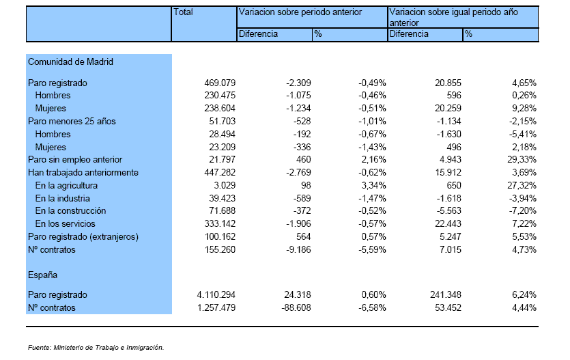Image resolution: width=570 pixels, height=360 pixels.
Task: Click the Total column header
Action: pyautogui.click(x=183, y=12)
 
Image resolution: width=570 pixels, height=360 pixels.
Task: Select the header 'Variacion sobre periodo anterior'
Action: pyautogui.click(x=300, y=12)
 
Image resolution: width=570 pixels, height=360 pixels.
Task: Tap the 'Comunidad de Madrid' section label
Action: pyautogui.click(x=70, y=61)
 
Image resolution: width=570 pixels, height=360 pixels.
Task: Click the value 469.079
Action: pyautogui.click(x=220, y=83)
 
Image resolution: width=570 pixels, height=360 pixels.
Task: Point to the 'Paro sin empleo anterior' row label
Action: pyautogui.click(x=75, y=160)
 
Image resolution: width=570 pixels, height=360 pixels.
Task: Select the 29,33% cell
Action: pyautogui.click(x=522, y=160)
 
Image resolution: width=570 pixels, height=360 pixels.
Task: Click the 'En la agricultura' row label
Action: pyautogui.click(x=66, y=185)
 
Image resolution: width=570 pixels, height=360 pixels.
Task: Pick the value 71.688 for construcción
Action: pyautogui.click(x=222, y=211)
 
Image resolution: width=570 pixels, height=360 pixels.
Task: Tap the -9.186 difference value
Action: pyautogui.click(x=298, y=250)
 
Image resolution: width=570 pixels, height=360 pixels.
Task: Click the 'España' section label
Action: pyautogui.click(x=42, y=275)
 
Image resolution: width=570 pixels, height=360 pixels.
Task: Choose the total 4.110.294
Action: pyautogui.click(x=216, y=295)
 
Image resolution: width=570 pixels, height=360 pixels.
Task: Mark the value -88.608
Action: pyautogui.click(x=296, y=308)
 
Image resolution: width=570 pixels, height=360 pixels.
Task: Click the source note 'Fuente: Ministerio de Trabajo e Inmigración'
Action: pyautogui.click(x=96, y=348)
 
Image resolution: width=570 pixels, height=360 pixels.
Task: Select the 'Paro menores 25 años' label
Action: pyautogui.click(x=72, y=122)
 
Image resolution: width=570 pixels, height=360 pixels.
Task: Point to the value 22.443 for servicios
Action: pyautogui.click(x=448, y=223)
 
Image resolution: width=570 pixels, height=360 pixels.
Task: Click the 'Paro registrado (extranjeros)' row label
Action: pyautogui.click(x=83, y=237)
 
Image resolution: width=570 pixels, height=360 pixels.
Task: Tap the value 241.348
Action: pyautogui.click(x=446, y=295)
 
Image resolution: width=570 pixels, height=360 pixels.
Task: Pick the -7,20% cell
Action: pyautogui.click(x=523, y=211)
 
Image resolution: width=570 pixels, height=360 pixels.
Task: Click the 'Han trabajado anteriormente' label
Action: pyautogui.click(x=83, y=172)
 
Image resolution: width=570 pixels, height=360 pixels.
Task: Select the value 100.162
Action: pyautogui.click(x=220, y=237)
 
